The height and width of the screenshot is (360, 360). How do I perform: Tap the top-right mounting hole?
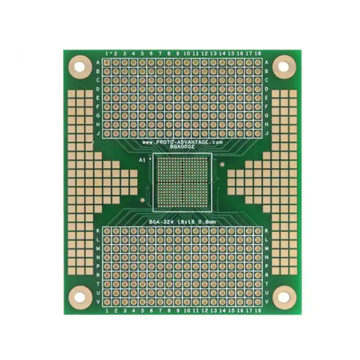click(x=283, y=66)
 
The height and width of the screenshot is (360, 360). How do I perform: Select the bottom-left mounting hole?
click(x=80, y=295)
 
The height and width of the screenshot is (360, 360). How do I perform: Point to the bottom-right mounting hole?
click(x=284, y=296)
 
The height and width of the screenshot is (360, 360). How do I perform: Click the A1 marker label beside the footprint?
click(x=142, y=160)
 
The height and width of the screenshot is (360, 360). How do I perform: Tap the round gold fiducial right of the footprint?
click(x=223, y=165)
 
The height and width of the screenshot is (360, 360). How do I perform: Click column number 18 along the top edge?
click(x=258, y=53)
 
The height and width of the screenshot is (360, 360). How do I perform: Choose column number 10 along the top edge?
click(x=186, y=53)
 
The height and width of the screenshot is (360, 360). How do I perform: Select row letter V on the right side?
click(x=266, y=302)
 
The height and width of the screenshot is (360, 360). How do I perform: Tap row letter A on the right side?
click(x=266, y=62)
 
